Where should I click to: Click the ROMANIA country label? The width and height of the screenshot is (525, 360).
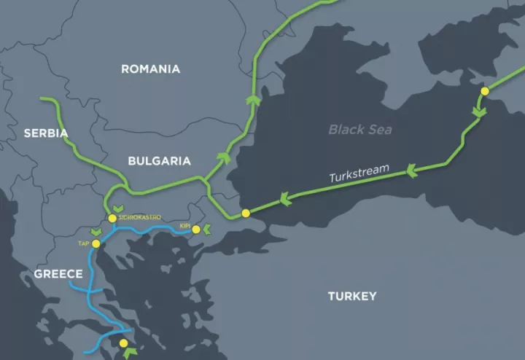(x=150, y=69)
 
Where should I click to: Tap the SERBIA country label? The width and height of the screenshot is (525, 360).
(x=45, y=133)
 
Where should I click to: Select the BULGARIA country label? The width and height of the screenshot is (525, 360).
(x=159, y=161)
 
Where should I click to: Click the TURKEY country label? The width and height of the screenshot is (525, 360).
(x=352, y=296)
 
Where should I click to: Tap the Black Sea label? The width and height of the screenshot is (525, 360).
(x=360, y=130)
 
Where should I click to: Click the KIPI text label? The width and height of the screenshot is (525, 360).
(x=184, y=227)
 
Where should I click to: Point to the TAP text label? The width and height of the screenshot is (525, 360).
(x=84, y=241)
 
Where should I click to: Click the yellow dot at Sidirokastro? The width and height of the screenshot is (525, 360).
(x=112, y=218)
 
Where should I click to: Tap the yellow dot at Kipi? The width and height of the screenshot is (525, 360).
(x=195, y=230)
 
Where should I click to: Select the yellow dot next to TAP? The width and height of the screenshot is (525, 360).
(x=96, y=243)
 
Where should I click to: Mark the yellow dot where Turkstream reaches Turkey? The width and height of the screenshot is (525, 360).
(x=246, y=213)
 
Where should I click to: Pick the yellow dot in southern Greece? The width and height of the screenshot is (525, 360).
(x=123, y=343)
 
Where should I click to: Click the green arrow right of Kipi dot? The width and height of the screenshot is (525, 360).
(x=207, y=230)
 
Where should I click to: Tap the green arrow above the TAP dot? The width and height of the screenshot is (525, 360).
(x=94, y=232)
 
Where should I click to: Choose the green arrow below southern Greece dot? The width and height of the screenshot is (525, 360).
(x=120, y=353)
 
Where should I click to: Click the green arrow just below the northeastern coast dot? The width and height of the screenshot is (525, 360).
(x=478, y=111)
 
